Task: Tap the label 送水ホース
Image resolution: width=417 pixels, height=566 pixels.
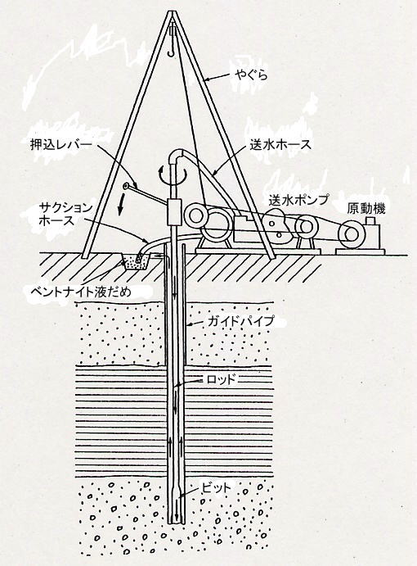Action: click(x=280, y=145)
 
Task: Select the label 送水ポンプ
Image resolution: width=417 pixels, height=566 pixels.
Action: click(x=298, y=199)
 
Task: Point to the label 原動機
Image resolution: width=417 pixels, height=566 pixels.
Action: click(x=366, y=209)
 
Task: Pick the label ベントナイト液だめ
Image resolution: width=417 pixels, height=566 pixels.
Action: click(x=82, y=292)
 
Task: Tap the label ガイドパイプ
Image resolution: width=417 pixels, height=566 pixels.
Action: click(x=241, y=321)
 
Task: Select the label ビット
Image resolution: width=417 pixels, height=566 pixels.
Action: click(x=216, y=488)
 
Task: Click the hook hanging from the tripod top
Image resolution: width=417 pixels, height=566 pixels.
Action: click(x=173, y=47)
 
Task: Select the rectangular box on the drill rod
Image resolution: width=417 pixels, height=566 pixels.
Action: click(x=175, y=212)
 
